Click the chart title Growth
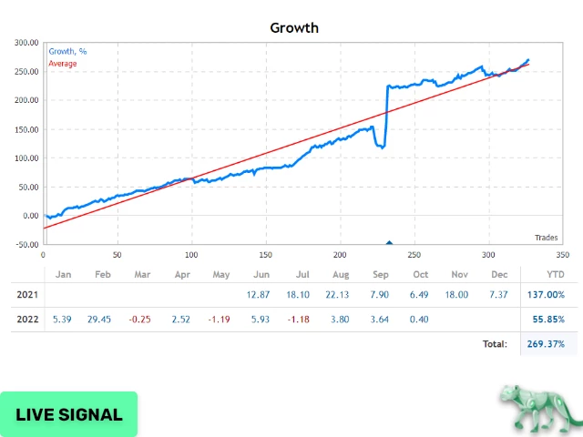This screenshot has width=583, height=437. [294, 27]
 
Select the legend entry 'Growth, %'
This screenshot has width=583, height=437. [69, 51]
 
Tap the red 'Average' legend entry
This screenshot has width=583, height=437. [62, 64]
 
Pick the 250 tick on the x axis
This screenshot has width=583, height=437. [414, 255]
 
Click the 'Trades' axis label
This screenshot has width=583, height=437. [546, 238]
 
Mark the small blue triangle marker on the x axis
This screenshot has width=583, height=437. [389, 242]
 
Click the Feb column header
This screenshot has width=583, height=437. [102, 274]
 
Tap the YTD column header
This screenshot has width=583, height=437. [554, 274]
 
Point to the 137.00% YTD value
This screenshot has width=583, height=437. [546, 294]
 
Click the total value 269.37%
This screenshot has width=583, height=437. [546, 344]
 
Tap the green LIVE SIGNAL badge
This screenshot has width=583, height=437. [69, 414]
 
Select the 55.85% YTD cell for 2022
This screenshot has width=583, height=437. [547, 320]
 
